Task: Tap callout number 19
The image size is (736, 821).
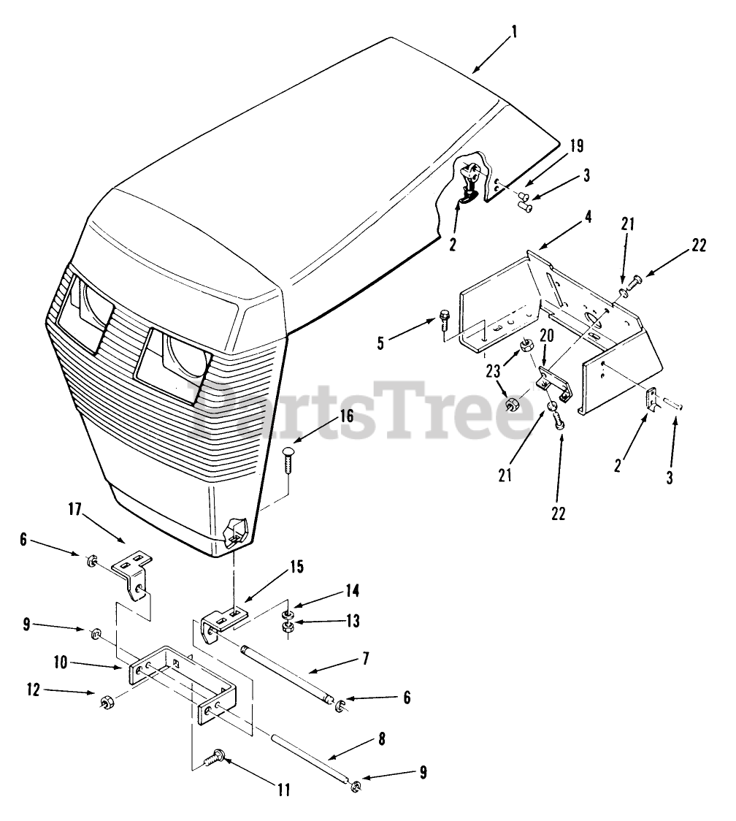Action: point(576,145)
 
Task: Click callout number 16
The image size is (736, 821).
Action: point(346,417)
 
